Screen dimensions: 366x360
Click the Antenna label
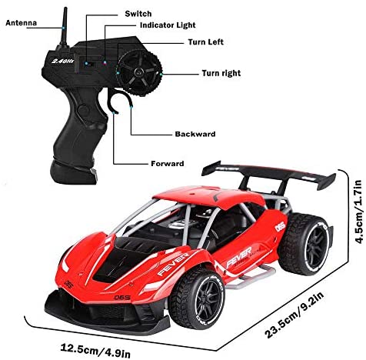coord(21,23)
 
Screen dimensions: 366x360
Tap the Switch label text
coord(138,14)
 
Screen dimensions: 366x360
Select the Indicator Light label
coord(168,25)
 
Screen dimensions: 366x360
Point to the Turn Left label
coord(206,42)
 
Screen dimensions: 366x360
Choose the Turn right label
coord(221,73)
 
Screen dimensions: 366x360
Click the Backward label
coord(195,134)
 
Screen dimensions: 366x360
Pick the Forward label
coord(168,163)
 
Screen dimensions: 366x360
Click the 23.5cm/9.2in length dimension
coord(294,315)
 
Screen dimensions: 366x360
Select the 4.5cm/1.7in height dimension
coord(358,212)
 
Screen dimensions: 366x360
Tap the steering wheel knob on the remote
coord(138,72)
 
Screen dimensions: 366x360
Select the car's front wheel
coord(198,299)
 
